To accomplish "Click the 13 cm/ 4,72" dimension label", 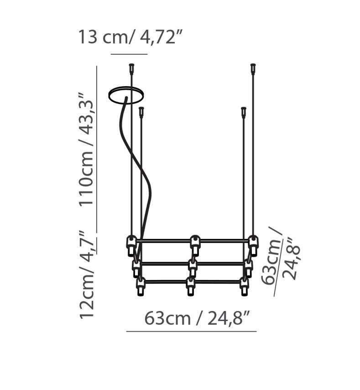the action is pos(130,37).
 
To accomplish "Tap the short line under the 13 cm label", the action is pos(129,54).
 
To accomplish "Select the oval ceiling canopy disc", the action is pos(126,95).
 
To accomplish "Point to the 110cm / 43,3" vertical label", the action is pos(86,149).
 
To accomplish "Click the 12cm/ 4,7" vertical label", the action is pos(87,274).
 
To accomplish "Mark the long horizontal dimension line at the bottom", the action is pos(191,331).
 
